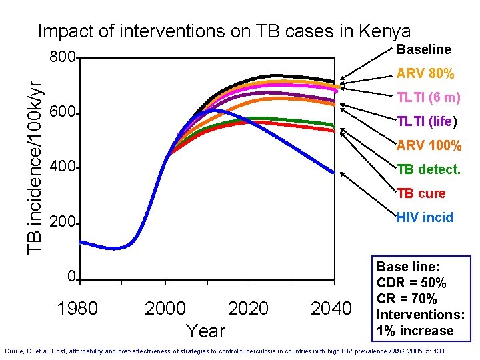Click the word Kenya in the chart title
tap(385, 31)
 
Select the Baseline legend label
tap(423, 49)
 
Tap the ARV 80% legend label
tap(425, 73)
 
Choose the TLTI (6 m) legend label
tap(428, 97)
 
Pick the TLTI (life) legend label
tap(427, 121)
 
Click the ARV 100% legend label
tap(429, 145)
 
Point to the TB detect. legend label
tap(428, 169)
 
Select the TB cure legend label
tap(421, 193)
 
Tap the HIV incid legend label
tap(425, 217)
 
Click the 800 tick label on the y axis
tap(62, 58)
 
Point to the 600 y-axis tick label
tap(62, 113)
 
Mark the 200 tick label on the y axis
tap(62, 223)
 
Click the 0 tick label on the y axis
tap(71, 277)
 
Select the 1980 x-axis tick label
tap(78, 309)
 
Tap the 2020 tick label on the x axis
tap(248, 309)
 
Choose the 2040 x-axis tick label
tap(331, 309)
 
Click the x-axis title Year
tap(206, 331)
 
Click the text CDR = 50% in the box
tap(411, 282)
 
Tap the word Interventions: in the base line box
tap(420, 315)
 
